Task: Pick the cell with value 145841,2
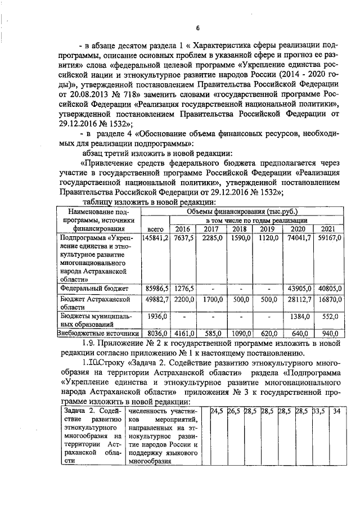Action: click(155, 238)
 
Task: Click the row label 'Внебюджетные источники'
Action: click(98, 333)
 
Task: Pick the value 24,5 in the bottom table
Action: click(217, 412)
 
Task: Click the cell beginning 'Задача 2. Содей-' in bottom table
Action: click(90, 412)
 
